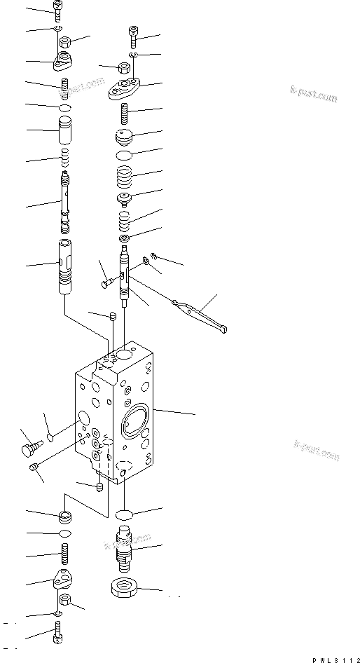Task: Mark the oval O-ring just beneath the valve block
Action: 125,515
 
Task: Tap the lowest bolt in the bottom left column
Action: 57,638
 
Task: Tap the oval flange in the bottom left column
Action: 63,581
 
